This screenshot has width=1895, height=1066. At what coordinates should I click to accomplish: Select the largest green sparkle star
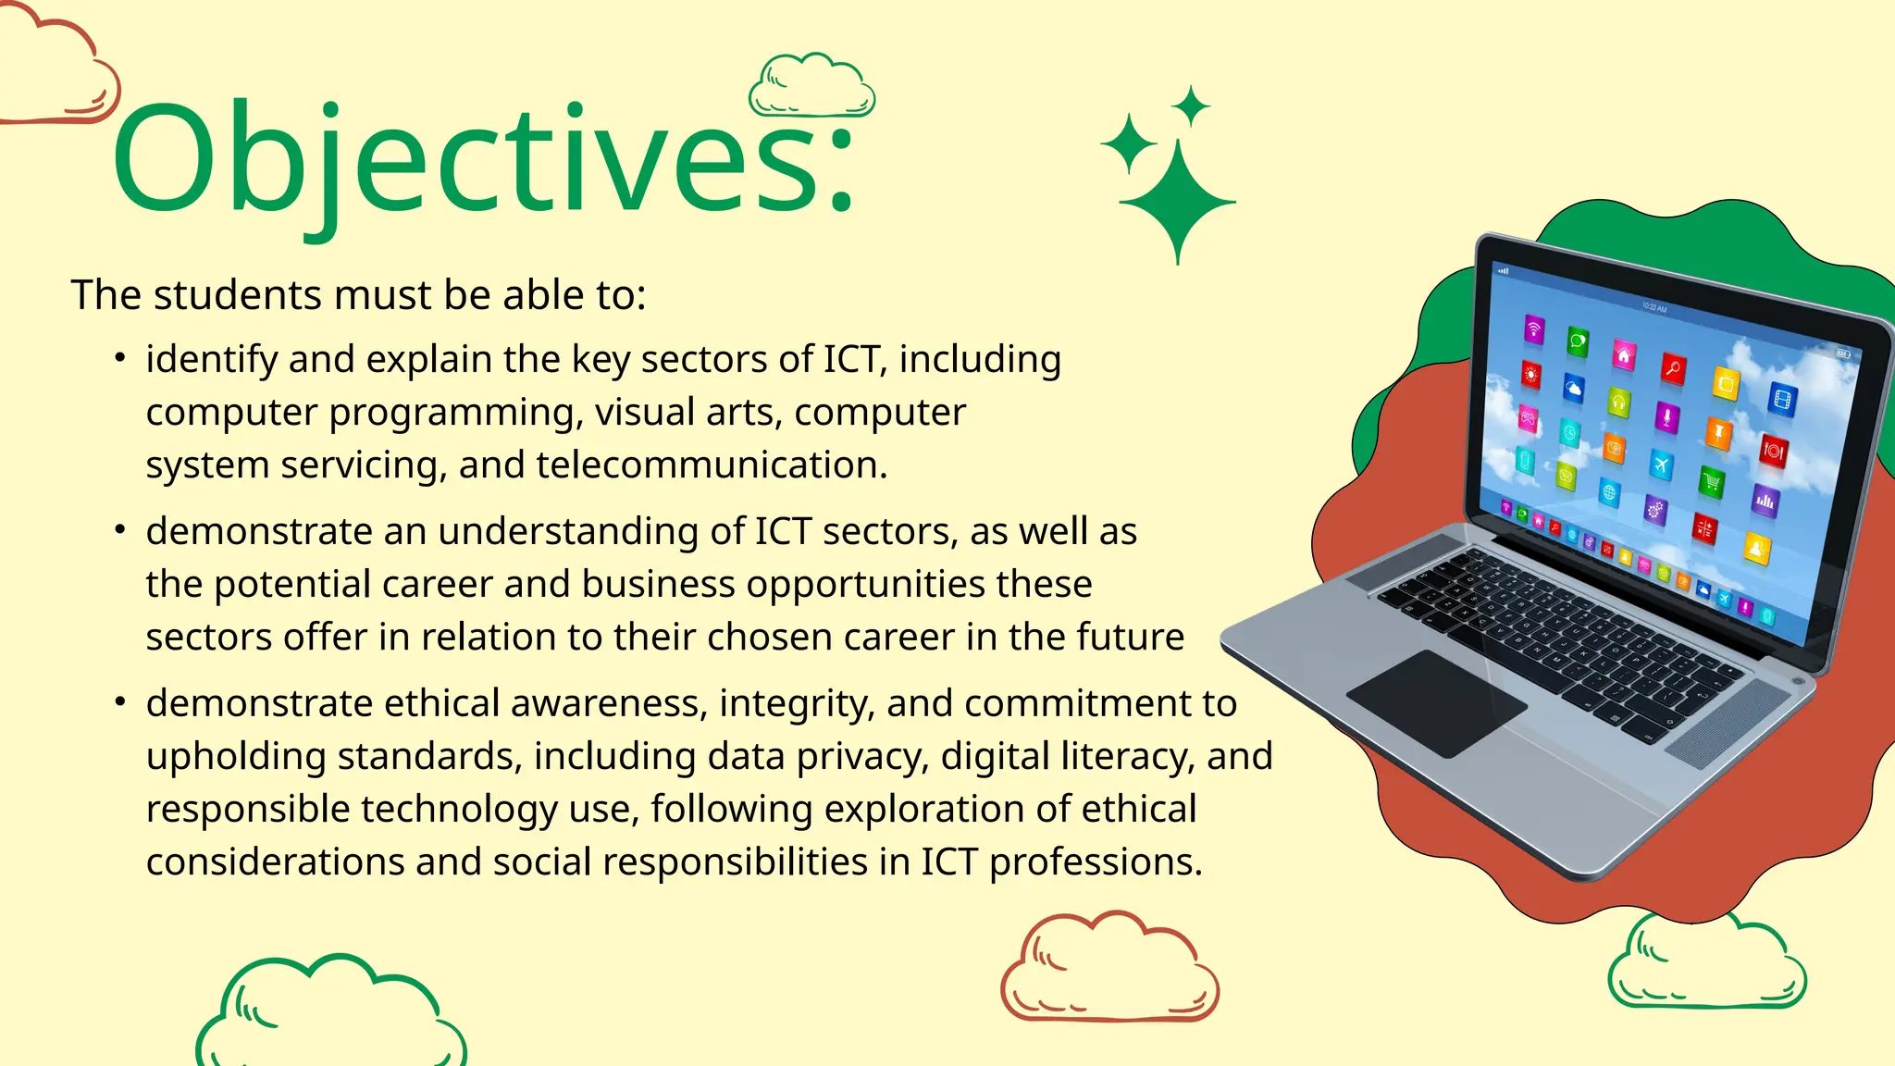(x=1177, y=201)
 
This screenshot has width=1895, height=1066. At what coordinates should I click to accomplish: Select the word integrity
(x=797, y=703)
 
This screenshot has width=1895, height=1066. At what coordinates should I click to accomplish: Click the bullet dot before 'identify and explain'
(x=120, y=357)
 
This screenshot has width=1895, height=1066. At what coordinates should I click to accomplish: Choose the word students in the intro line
(x=238, y=295)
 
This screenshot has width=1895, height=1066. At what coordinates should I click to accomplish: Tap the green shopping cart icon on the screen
(x=1712, y=481)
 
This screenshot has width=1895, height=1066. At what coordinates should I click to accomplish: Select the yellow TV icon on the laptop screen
(x=1726, y=382)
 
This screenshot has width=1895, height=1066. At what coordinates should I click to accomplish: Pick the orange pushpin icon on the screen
(x=1718, y=432)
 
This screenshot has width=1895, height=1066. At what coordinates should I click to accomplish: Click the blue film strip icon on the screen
(x=1782, y=400)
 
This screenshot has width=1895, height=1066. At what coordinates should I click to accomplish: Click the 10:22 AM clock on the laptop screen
(x=1654, y=307)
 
